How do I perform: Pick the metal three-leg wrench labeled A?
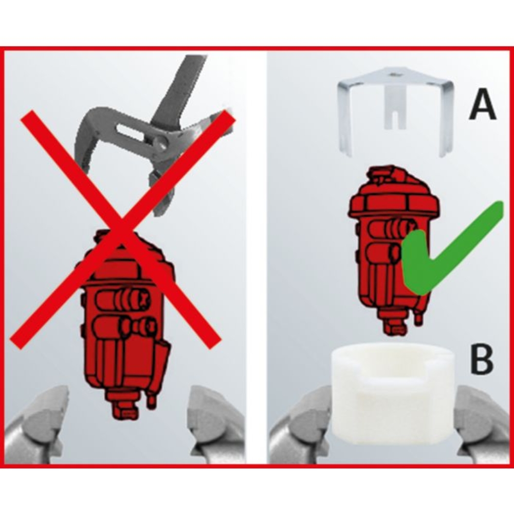[x=395, y=113]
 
